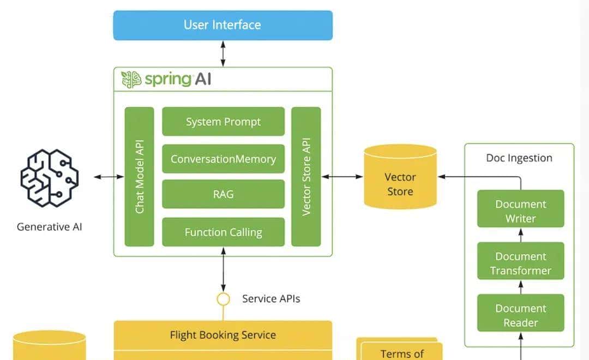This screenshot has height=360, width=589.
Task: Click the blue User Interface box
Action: coord(223,25)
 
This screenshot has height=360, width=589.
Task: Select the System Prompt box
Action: coord(223,122)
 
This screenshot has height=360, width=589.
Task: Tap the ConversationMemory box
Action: coord(223,159)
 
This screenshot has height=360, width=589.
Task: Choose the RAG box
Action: coord(223,194)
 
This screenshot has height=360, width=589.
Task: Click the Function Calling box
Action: coord(223,232)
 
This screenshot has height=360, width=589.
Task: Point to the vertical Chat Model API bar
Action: coord(139,177)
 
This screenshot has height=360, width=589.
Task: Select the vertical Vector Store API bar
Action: coord(306,177)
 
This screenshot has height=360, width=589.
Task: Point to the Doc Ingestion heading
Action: coord(519,158)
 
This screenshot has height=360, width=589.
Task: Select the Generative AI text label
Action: coord(50,227)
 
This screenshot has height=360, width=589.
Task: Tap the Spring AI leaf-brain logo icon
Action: coord(131,80)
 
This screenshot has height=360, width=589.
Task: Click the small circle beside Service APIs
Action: coord(223,299)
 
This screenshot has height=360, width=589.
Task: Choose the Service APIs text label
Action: coord(271,299)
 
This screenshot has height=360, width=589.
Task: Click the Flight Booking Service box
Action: coord(223,335)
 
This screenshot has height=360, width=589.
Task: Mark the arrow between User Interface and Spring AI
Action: coord(223,53)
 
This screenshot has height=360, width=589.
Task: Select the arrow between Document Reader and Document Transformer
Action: coord(520,287)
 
